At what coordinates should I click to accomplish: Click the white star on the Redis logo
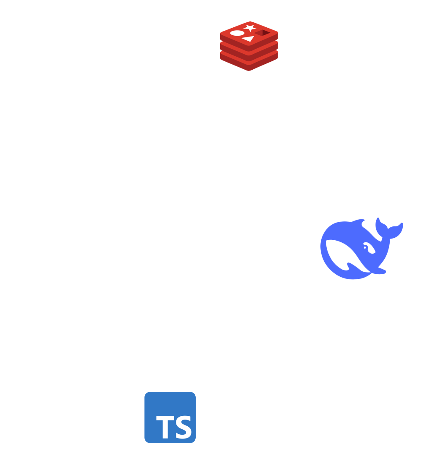point(250,28)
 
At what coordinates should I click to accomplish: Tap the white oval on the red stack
point(237,33)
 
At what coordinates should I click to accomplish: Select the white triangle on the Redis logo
point(249,39)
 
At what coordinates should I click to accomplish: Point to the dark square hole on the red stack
point(263,33)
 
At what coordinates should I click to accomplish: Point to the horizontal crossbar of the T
point(164,418)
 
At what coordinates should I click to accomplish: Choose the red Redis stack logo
point(249,46)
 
